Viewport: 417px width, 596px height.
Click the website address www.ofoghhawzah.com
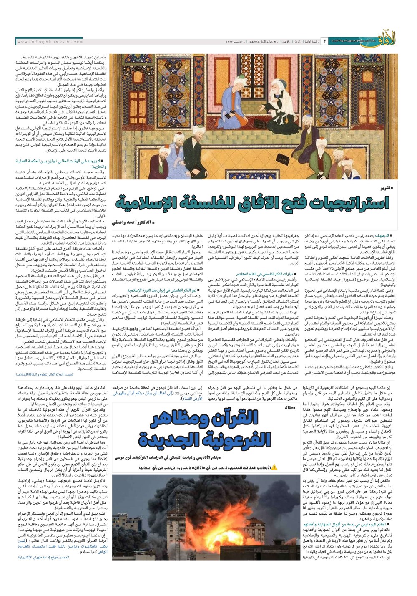(x=50, y=42)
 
